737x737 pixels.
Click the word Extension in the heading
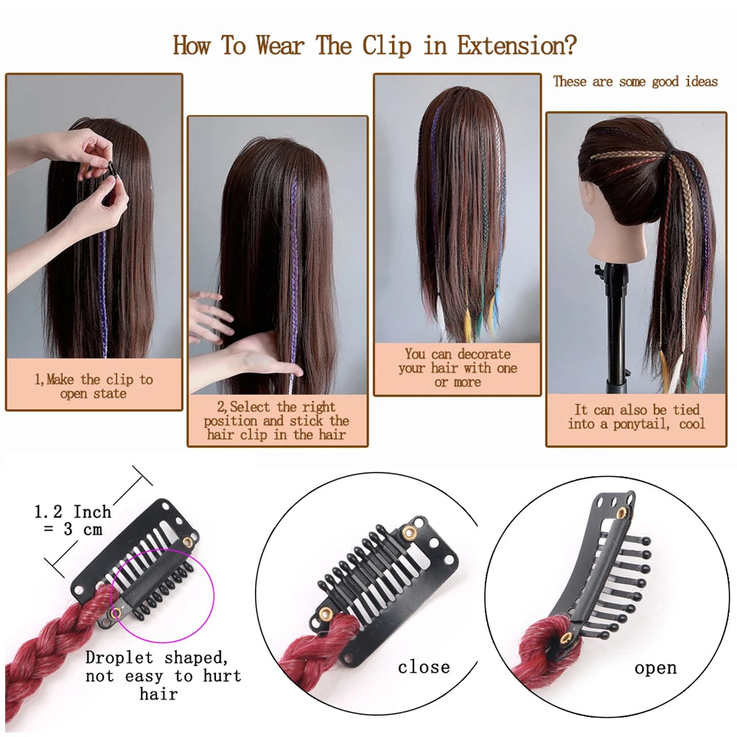pyautogui.click(x=516, y=46)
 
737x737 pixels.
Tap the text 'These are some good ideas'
pyautogui.click(x=635, y=81)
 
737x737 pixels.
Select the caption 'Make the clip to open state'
pyautogui.click(x=94, y=386)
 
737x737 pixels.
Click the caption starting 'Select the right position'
pyautogui.click(x=277, y=421)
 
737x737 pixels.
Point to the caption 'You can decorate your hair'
pyautogui.click(x=457, y=368)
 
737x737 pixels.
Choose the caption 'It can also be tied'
pyautogui.click(x=637, y=416)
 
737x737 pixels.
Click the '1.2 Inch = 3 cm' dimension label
pyautogui.click(x=72, y=520)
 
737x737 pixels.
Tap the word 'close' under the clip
pyautogui.click(x=423, y=667)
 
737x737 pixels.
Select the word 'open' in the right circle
pyautogui.click(x=655, y=668)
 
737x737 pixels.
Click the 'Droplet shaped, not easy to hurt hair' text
pyautogui.click(x=163, y=675)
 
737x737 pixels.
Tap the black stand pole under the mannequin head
pyautogui.click(x=615, y=324)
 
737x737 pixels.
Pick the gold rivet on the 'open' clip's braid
pyautogui.click(x=568, y=637)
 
